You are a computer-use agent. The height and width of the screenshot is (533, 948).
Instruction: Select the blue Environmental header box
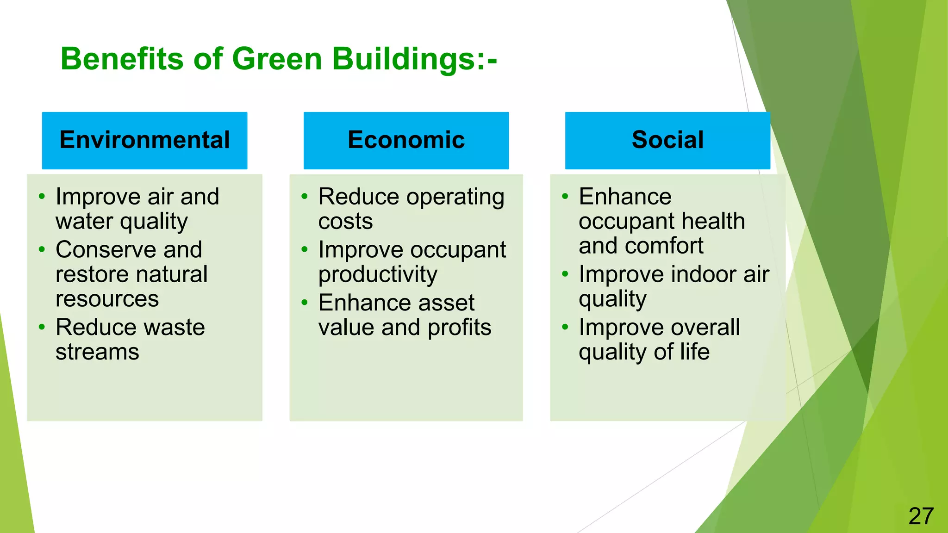coord(144,140)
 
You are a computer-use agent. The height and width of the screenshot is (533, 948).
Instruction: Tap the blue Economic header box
coord(406,140)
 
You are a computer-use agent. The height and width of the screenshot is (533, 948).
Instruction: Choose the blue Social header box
coord(667,140)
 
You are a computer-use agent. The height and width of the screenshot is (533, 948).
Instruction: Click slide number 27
coord(921,516)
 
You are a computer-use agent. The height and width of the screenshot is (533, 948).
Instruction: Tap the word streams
coord(97,352)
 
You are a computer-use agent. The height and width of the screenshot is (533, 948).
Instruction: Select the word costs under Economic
coord(345,222)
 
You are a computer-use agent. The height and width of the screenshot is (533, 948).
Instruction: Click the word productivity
coord(378,275)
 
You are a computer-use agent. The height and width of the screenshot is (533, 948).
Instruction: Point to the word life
coord(694,352)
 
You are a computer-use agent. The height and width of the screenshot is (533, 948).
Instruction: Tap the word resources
coord(107,299)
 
